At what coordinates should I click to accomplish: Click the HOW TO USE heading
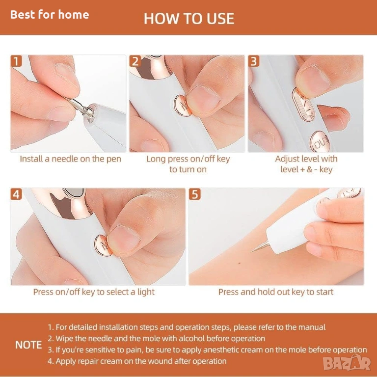coord(189,19)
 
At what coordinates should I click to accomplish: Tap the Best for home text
coord(50,14)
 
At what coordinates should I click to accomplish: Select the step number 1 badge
coord(16,61)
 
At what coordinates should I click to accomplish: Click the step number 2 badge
coord(135,61)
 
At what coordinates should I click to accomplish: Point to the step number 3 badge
coord(254,61)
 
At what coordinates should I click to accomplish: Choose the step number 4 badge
coord(16,194)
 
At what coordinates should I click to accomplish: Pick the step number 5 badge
coord(195,194)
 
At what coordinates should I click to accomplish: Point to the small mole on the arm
coord(239,263)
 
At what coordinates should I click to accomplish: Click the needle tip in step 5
coord(251,252)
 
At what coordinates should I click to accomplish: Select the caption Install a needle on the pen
coord(71,159)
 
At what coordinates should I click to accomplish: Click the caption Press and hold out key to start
coord(276,292)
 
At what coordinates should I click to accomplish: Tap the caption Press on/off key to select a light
coord(94,292)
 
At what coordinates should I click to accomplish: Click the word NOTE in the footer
coord(28,345)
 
